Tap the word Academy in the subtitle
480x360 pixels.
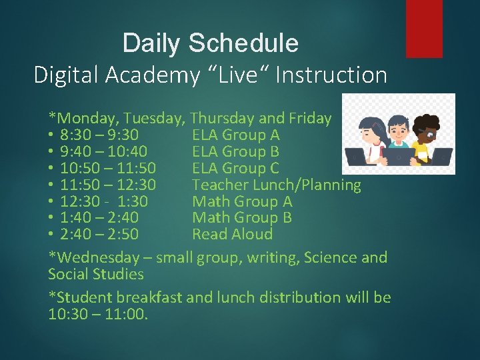[x=153, y=75]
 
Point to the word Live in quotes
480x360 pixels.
[x=242, y=75]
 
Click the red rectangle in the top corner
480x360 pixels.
[x=424, y=28]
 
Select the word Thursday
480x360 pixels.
[x=222, y=119]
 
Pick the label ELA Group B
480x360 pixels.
[x=235, y=152]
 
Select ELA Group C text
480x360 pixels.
[x=235, y=168]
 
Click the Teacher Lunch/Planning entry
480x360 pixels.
[x=276, y=185]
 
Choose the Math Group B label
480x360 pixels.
[x=242, y=217]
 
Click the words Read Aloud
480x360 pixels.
[x=232, y=234]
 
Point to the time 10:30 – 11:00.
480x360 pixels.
[x=97, y=313]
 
